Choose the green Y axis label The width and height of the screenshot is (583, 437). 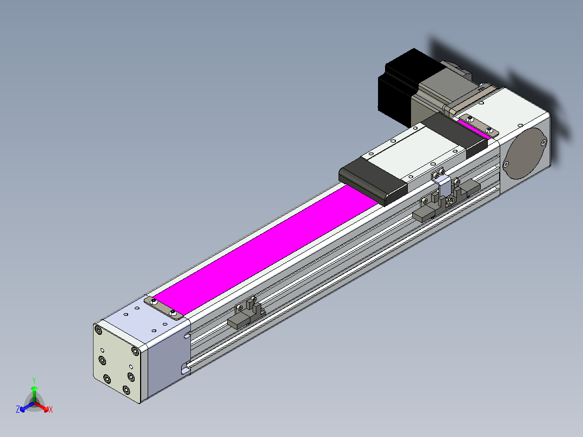click(x=34, y=380)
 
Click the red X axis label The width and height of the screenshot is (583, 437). click(x=51, y=409)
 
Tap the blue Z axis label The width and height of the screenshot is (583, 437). click(x=18, y=409)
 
